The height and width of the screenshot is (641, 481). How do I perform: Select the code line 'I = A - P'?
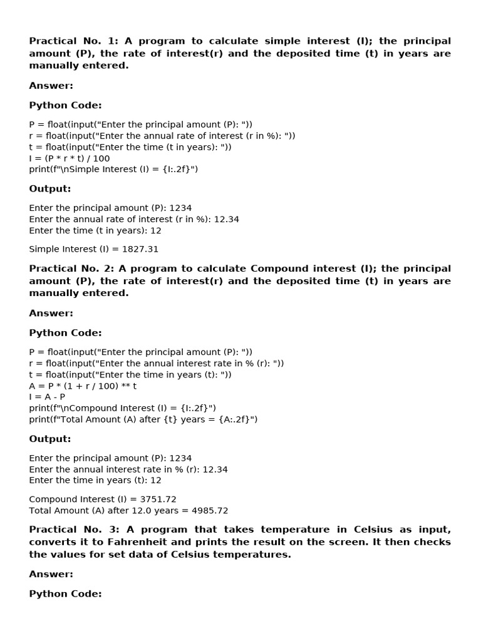(47, 397)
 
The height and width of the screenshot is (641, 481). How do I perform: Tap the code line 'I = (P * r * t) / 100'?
(70, 158)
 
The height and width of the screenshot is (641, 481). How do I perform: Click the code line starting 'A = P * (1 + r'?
(83, 386)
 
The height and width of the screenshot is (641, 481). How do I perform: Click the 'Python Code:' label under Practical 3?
(65, 594)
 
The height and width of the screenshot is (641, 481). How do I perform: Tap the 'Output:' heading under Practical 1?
(50, 189)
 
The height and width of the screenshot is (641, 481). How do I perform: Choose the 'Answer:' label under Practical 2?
(51, 313)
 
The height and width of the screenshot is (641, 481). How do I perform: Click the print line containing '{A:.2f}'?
(143, 419)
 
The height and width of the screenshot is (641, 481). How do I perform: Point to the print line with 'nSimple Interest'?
(113, 170)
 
